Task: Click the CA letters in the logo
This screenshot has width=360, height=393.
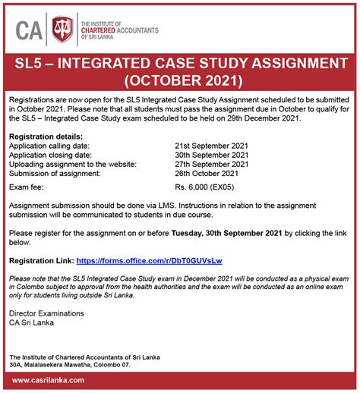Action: coord(30,30)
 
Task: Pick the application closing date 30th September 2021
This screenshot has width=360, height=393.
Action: coord(212,153)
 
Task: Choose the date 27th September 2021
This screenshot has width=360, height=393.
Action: coord(212,163)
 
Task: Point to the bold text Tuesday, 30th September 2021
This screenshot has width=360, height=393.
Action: coord(227,232)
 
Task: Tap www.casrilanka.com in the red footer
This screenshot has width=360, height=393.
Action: coord(48,380)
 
